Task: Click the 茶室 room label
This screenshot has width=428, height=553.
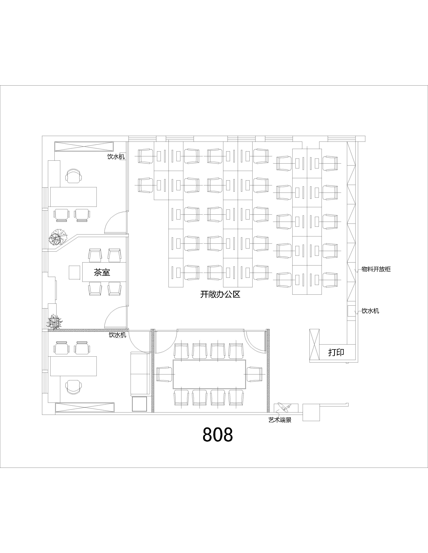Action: (102, 273)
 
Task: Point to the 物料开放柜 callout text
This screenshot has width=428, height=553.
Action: (376, 269)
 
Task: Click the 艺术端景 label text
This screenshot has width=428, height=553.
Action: (280, 420)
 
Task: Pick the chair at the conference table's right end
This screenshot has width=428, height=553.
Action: (254, 374)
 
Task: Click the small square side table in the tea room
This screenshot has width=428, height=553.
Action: (75, 272)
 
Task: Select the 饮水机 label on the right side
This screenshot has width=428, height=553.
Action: (370, 311)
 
